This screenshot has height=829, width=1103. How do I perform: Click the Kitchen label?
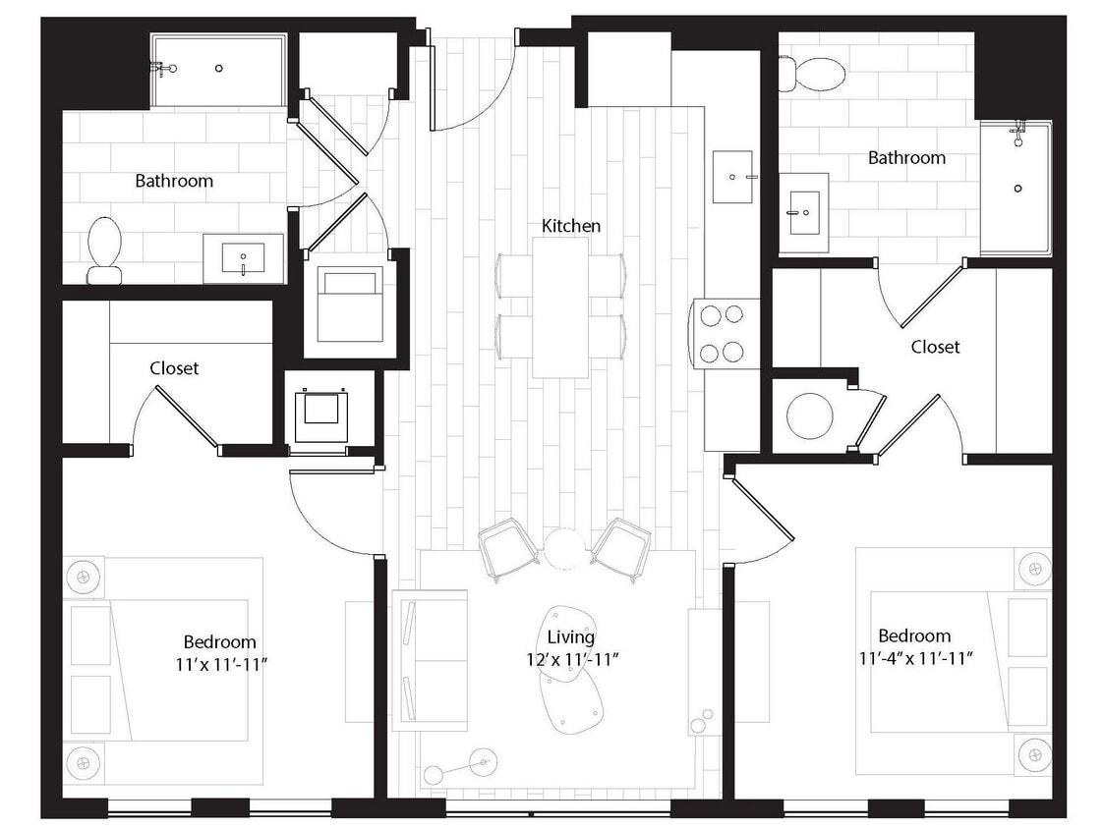pyautogui.click(x=571, y=226)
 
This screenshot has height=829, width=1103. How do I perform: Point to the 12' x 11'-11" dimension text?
pyautogui.click(x=571, y=659)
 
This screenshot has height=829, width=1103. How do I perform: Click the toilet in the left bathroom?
pyautogui.click(x=104, y=250)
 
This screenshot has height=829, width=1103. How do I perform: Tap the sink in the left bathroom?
pyautogui.click(x=243, y=259)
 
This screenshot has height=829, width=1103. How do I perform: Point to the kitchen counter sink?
pyautogui.click(x=732, y=177)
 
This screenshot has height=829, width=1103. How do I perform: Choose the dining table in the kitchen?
pyautogui.click(x=561, y=305)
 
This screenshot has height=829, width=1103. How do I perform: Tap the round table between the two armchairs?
pyautogui.click(x=564, y=548)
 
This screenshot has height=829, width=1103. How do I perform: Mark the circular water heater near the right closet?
pyautogui.click(x=809, y=415)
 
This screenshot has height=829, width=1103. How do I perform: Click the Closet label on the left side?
pyautogui.click(x=174, y=368)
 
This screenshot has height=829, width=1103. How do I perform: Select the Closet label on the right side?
pyautogui.click(x=935, y=347)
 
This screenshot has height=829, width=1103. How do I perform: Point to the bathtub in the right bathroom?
pyautogui.click(x=1016, y=188)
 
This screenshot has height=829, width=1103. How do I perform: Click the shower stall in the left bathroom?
pyautogui.click(x=218, y=70)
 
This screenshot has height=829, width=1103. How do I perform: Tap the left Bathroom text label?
pyautogui.click(x=174, y=181)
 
